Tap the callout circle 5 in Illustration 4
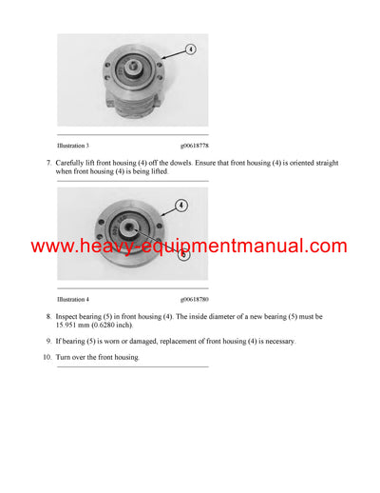183,254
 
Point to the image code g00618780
193,298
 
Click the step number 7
48,164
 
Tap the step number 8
48,315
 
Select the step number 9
48,341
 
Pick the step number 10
47,357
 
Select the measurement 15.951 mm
78,325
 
